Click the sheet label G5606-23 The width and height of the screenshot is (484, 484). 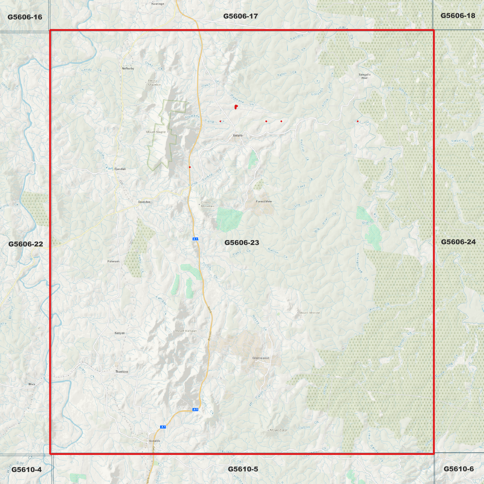click(241, 243)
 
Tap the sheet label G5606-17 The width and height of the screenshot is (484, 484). click(240, 16)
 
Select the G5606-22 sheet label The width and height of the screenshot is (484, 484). click(26, 244)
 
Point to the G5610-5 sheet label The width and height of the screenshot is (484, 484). click(243, 469)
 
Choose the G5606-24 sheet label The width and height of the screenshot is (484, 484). click(458, 242)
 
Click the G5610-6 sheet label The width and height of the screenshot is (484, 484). click(459, 469)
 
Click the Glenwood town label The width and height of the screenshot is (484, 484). click(261, 358)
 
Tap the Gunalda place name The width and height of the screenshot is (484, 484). click(154, 441)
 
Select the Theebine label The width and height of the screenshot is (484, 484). click(122, 372)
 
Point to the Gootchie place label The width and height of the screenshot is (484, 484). click(144, 202)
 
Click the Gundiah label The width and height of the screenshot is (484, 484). click(120, 169)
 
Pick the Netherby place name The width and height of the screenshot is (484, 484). click(128, 69)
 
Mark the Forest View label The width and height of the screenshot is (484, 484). click(264, 201)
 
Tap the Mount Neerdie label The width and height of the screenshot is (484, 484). click(309, 313)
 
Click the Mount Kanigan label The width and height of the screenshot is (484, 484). click(186, 331)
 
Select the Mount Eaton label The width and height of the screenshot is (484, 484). click(278, 430)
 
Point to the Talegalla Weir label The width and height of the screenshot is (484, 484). click(364, 76)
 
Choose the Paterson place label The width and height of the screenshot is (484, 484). click(113, 261)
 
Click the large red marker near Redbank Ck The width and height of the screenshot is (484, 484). click(236, 107)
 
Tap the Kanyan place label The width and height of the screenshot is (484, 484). click(120, 333)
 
